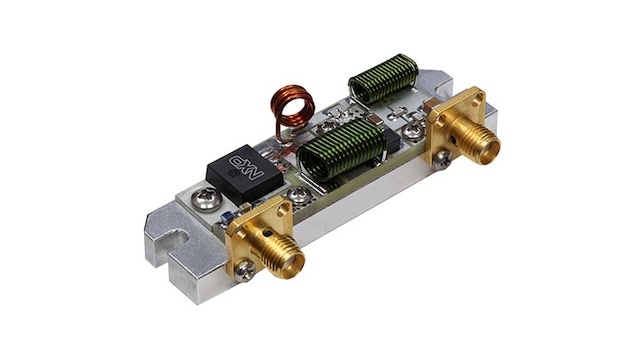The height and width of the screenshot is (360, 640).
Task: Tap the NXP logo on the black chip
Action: click(246, 167)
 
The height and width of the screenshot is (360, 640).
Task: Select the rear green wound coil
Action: click(383, 79)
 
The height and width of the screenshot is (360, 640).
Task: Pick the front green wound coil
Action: click(341, 151)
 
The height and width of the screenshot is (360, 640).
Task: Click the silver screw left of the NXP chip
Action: click(207, 199)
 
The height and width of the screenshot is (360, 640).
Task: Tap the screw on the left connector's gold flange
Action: click(245, 271)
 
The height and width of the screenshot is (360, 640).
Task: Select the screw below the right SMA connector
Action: click(442, 160)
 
